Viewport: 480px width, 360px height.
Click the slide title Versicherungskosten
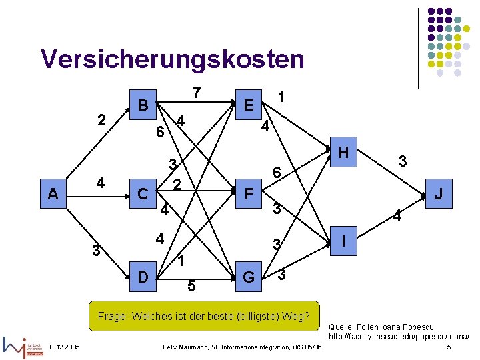[172, 59]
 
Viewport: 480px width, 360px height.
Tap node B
[143, 105]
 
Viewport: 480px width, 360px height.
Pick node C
[143, 194]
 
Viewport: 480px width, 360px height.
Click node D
[143, 276]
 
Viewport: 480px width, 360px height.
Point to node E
[248, 105]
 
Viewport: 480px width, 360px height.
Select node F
[249, 194]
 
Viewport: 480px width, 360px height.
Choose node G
[248, 276]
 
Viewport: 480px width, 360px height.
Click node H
[344, 153]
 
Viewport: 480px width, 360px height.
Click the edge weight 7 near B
[197, 93]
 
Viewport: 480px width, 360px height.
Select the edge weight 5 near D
[191, 287]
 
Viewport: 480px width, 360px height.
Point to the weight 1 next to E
[282, 97]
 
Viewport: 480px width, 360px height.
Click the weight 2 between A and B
[101, 121]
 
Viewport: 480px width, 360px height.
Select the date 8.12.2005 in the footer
[65, 347]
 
